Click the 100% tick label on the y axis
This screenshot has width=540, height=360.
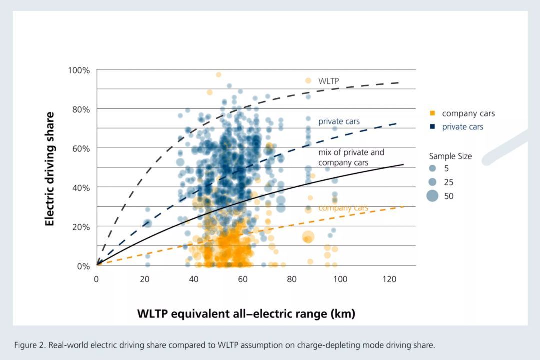[x=79, y=70]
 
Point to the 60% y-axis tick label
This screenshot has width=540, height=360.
[x=81, y=149]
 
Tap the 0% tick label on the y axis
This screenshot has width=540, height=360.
[x=83, y=266]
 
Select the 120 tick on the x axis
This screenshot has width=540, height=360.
[x=389, y=279]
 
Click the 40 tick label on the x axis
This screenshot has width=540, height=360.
[x=194, y=279]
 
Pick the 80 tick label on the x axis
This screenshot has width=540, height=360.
[x=292, y=279]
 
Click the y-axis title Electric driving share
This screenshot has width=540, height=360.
[x=50, y=169]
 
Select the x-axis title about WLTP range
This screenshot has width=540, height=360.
[x=246, y=314]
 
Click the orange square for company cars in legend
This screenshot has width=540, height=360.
[x=432, y=113]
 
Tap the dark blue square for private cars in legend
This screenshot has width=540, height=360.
[x=432, y=127]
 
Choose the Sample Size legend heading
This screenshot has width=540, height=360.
[x=450, y=156]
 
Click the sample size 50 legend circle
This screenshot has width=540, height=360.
[x=432, y=196]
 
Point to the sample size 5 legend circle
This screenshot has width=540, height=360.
[x=432, y=168]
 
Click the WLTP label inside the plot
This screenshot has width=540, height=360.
[x=328, y=81]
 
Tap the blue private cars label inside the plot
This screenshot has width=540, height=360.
[x=339, y=121]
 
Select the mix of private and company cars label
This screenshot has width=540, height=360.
[x=351, y=157]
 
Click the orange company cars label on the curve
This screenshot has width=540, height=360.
[x=343, y=208]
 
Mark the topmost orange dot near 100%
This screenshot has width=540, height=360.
[x=218, y=75]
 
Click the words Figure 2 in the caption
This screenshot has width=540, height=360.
[x=29, y=345]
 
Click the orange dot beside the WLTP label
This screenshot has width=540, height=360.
[x=308, y=81]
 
